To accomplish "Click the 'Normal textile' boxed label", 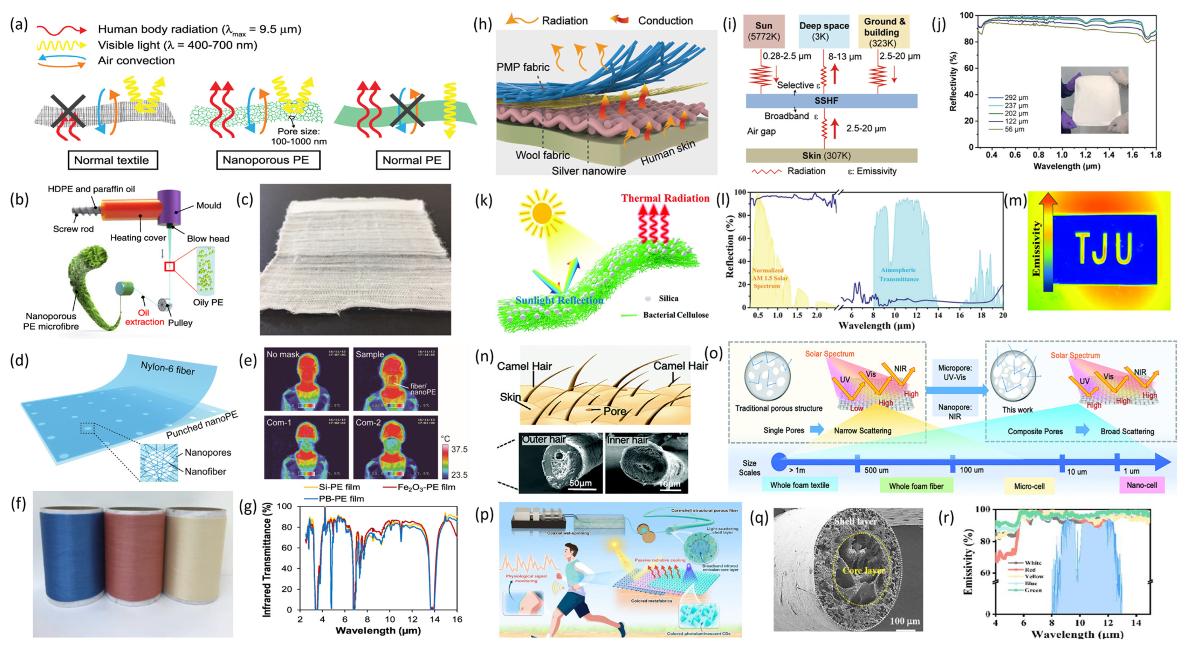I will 112,160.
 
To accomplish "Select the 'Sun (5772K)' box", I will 764,31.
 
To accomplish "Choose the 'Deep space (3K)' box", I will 824,31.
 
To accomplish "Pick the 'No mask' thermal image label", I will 283,354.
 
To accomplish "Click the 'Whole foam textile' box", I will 799,485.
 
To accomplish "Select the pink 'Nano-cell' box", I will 1141,485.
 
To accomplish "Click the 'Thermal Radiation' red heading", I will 665,198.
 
